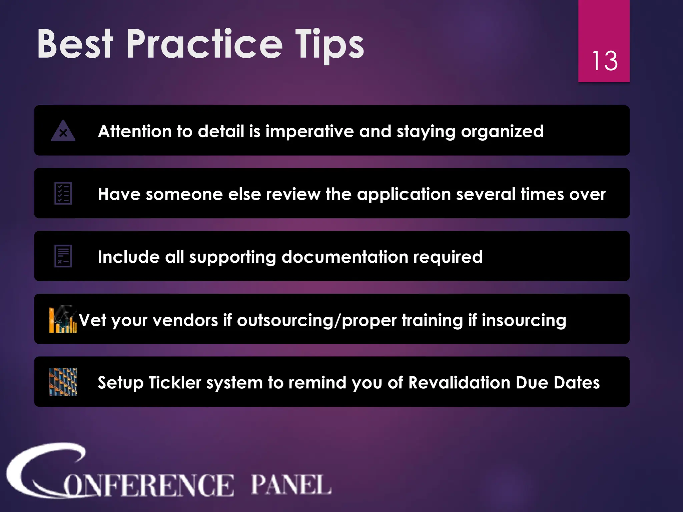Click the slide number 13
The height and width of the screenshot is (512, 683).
(x=605, y=61)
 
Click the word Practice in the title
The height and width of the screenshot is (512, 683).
(x=204, y=44)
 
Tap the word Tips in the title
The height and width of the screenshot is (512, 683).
(x=329, y=45)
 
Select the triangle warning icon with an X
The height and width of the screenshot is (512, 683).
(x=63, y=131)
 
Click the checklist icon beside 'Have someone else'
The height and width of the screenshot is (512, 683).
(x=63, y=193)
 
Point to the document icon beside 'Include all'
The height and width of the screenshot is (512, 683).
(x=63, y=256)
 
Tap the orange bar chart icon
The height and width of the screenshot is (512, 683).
(x=63, y=319)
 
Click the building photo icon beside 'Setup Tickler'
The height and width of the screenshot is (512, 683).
(x=63, y=382)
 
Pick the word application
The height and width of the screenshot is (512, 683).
(x=404, y=194)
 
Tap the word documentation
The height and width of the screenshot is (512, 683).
(x=345, y=257)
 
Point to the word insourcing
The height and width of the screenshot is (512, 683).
(x=524, y=320)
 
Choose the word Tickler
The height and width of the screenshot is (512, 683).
(x=175, y=383)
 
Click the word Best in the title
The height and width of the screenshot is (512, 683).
(x=75, y=44)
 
